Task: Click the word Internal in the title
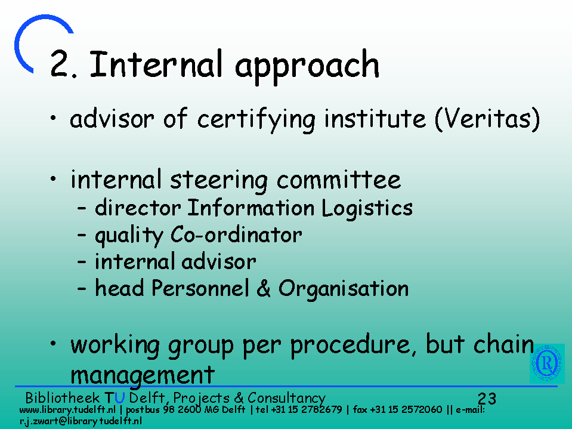coord(156,64)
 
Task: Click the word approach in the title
coord(308,68)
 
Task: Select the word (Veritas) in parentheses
coord(487,119)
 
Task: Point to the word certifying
coord(256,120)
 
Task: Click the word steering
coord(219,180)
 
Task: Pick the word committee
coord(339,179)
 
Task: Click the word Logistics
coord(367,209)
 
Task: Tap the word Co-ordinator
coord(236,234)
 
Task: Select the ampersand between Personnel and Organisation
coord(264,288)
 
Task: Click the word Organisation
coord(344,289)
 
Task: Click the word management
coord(143,376)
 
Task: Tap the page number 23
coord(487,399)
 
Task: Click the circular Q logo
coord(547,363)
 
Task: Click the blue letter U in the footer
coord(120,397)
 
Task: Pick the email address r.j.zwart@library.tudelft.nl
coord(81,421)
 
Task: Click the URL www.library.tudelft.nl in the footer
coord(67,410)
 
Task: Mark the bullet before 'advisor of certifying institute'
coord(53,118)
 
